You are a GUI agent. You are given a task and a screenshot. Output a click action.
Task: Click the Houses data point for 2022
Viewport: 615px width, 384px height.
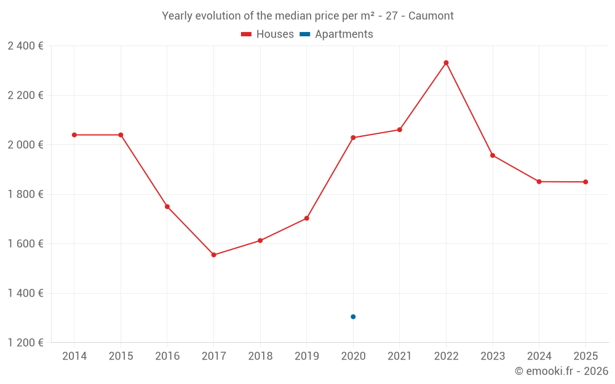click(446, 63)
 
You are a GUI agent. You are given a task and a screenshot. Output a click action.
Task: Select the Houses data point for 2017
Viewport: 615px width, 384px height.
click(213, 255)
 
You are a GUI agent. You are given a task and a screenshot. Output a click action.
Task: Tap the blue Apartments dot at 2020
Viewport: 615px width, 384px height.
click(353, 317)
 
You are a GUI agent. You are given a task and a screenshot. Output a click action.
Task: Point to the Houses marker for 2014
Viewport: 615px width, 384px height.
click(74, 135)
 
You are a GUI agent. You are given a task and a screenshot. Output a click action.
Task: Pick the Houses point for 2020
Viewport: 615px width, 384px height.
click(353, 138)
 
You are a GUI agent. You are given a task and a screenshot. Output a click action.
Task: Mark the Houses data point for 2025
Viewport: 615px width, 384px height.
click(585, 182)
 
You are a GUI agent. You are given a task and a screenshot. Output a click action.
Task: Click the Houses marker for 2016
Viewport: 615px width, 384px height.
click(167, 206)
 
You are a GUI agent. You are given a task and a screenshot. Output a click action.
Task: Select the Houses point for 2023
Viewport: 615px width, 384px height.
click(493, 155)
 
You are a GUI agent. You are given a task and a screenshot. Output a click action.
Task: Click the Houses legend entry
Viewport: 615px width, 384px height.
click(268, 34)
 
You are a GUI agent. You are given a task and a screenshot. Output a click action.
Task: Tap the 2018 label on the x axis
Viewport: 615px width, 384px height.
click(260, 356)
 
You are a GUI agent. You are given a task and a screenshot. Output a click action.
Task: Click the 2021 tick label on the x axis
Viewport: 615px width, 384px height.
click(400, 356)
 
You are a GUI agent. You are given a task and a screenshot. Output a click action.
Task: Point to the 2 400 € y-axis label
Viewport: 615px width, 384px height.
click(25, 46)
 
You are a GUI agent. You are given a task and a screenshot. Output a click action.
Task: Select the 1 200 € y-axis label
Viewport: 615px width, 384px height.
click(25, 343)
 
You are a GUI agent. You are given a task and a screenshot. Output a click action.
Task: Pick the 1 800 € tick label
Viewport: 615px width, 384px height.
click(25, 194)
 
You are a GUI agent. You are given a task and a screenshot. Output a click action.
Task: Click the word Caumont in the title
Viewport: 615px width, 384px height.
click(430, 16)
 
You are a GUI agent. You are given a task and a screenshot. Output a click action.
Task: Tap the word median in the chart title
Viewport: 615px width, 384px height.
click(283, 16)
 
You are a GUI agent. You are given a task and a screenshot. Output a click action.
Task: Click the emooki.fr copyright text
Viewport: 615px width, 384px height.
click(561, 371)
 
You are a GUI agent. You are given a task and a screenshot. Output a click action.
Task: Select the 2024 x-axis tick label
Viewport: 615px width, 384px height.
click(539, 356)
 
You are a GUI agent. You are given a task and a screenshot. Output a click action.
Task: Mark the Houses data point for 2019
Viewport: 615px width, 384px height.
click(306, 218)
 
